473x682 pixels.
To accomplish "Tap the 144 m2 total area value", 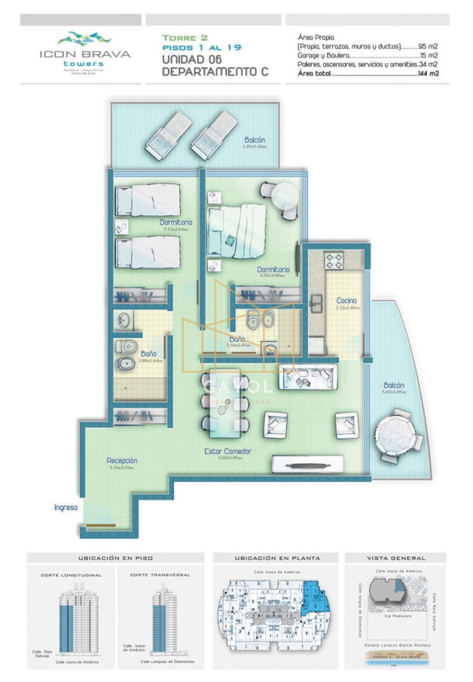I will [x=429, y=74].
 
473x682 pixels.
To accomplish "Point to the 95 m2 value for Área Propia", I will [x=431, y=45].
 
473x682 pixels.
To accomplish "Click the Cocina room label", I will [x=347, y=301].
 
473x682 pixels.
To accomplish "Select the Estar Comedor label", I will [x=228, y=451].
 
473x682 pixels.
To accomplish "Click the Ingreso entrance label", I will [x=66, y=507].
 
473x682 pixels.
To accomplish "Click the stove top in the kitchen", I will [x=335, y=261].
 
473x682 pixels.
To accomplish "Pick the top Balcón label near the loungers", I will [x=254, y=140].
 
